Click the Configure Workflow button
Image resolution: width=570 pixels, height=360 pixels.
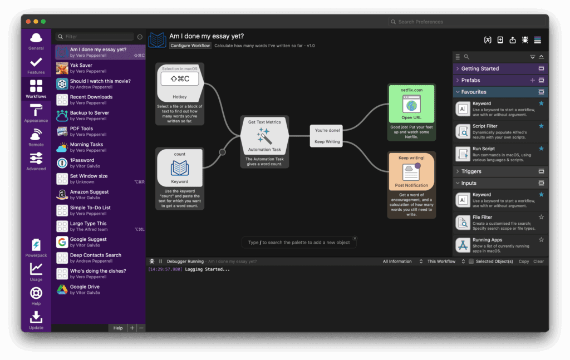pyautogui.click(x=190, y=46)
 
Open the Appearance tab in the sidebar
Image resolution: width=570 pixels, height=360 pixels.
pyautogui.click(x=36, y=113)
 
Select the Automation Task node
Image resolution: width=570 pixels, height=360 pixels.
pyautogui.click(x=264, y=136)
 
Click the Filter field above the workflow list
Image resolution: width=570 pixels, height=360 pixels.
pyautogui.click(x=98, y=37)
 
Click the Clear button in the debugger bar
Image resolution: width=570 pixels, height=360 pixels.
pyautogui.click(x=538, y=262)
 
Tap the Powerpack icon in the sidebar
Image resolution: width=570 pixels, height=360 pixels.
pyautogui.click(x=36, y=248)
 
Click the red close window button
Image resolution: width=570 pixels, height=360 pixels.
pyautogui.click(x=28, y=22)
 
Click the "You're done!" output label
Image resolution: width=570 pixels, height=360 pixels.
pyautogui.click(x=328, y=130)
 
